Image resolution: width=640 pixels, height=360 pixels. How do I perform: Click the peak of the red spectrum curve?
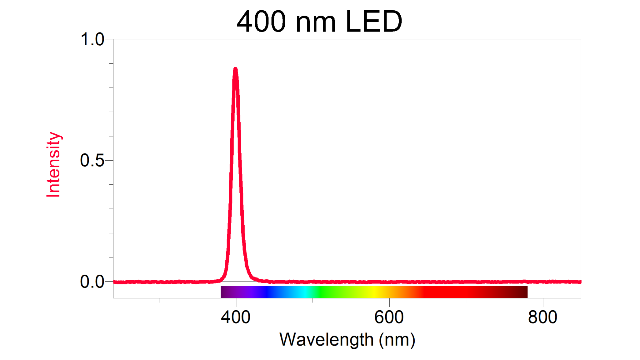(235, 69)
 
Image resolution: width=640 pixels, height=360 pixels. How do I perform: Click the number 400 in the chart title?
(261, 22)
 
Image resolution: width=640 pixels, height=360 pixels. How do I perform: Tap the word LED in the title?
(374, 22)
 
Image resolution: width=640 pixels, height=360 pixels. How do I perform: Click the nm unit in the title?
(316, 23)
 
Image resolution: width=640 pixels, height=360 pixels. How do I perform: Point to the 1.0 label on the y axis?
(92, 40)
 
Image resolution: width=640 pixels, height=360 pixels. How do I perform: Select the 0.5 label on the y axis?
(92, 161)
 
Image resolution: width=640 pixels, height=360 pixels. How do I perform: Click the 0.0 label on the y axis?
(92, 282)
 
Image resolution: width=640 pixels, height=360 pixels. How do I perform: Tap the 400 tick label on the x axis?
(236, 317)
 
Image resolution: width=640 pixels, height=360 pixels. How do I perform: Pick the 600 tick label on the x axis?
(389, 317)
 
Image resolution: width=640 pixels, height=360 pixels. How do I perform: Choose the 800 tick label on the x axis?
(542, 317)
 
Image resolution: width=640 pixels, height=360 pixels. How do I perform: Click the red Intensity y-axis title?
(53, 165)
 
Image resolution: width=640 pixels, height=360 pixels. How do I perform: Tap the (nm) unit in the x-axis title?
(397, 340)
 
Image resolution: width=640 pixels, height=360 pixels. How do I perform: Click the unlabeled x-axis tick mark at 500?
(313, 300)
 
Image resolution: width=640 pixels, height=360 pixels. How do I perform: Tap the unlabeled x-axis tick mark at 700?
(466, 300)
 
